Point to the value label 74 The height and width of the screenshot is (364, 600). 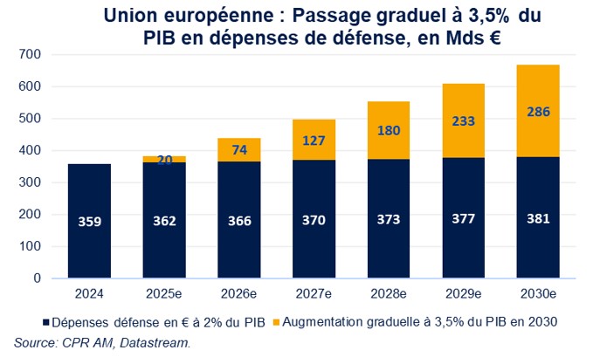238,149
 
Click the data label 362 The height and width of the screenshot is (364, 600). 163,222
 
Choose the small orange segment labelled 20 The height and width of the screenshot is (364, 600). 163,159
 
